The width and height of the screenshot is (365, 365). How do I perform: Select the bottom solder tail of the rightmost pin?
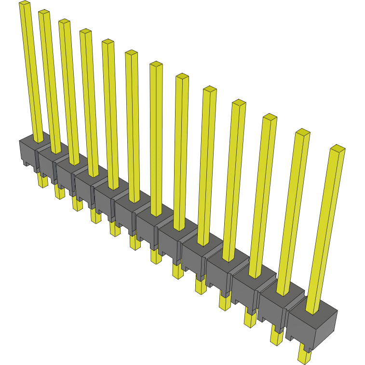click(x=304, y=356)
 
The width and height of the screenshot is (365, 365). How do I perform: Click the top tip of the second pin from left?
click(x=44, y=13)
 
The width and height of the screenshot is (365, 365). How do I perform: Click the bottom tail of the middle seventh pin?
click(x=155, y=257)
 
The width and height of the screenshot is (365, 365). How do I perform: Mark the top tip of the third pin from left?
click(x=64, y=22)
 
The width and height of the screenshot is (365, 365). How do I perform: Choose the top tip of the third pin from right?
click(x=270, y=117)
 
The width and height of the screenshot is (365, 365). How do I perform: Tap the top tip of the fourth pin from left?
click(x=85, y=32)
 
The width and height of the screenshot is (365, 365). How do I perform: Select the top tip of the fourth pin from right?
click(x=239, y=103)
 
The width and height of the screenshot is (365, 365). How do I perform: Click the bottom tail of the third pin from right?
click(x=250, y=319)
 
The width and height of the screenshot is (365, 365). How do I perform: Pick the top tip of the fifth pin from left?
click(x=108, y=42)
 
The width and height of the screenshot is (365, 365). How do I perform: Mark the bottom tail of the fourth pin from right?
click(x=225, y=302)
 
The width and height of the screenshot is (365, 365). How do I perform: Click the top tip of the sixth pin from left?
click(x=131, y=53)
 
